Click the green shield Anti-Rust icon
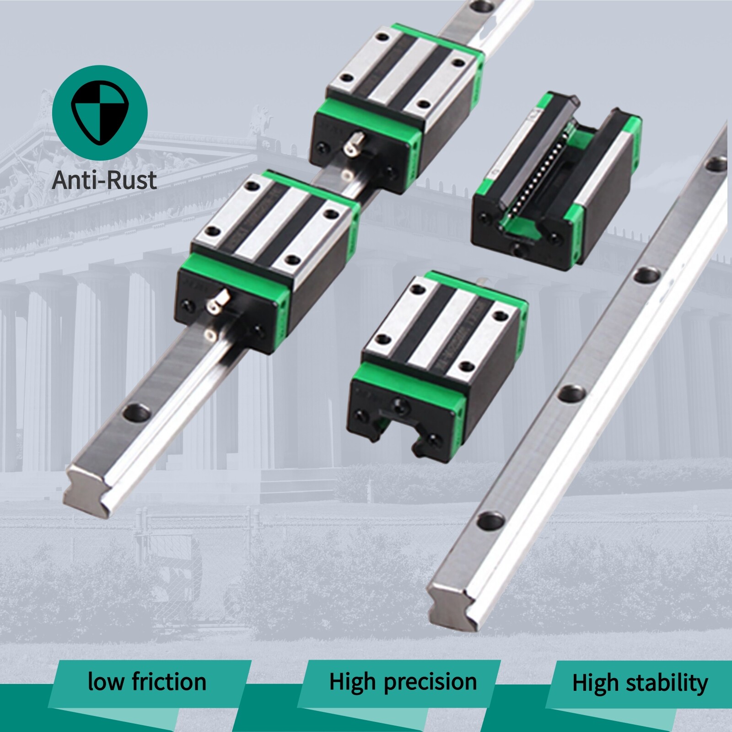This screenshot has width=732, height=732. pyautogui.click(x=100, y=113)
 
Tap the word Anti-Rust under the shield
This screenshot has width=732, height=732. pyautogui.click(x=104, y=180)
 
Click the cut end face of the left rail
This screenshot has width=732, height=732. pyautogui.click(x=89, y=493)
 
